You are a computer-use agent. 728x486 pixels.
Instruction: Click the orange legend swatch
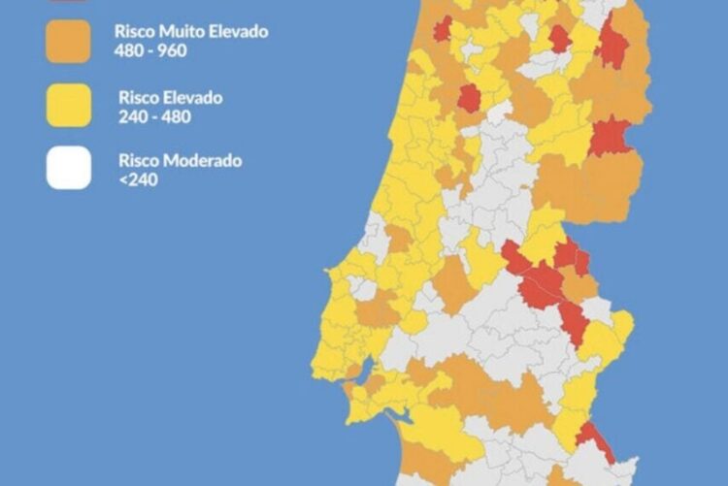coord(68,40)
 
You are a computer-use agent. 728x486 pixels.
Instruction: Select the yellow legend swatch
coord(68,106)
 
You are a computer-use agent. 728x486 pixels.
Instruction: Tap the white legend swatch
coord(68,168)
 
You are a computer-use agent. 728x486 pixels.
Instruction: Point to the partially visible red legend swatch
coord(68,2)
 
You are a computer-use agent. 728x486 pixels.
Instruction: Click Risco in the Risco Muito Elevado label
coord(134,32)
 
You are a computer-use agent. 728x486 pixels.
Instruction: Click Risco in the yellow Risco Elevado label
coord(139,98)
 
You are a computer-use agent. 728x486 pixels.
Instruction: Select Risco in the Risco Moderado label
coord(139,160)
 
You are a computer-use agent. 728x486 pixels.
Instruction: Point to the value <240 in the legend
coord(137,178)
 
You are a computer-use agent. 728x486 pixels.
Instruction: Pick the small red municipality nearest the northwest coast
coord(443,29)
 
